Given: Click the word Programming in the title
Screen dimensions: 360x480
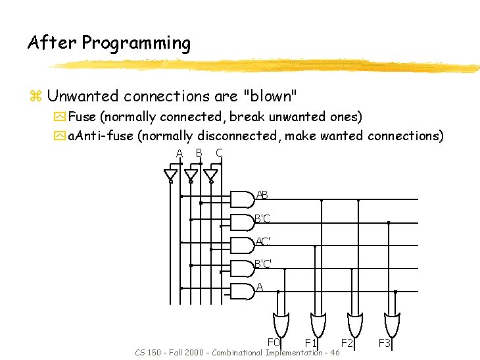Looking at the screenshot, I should pyautogui.click(x=136, y=44).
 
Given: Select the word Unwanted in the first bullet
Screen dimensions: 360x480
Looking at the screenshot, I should pyautogui.click(x=82, y=96).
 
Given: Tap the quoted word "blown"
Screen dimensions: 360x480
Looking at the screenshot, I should pyautogui.click(x=270, y=96).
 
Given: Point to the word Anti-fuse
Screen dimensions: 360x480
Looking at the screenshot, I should pyautogui.click(x=105, y=136).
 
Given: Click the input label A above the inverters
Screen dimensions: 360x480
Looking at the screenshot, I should pyautogui.click(x=179, y=154).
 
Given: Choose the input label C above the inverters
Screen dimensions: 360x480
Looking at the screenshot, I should pyautogui.click(x=219, y=153).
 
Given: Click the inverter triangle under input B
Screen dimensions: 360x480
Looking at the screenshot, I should pyautogui.click(x=191, y=174).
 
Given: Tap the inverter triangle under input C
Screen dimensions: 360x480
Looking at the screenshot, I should pyautogui.click(x=210, y=174).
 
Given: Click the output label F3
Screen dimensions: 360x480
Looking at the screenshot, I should pyautogui.click(x=385, y=343).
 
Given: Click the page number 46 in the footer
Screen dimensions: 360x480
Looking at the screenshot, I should pyautogui.click(x=335, y=353).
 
